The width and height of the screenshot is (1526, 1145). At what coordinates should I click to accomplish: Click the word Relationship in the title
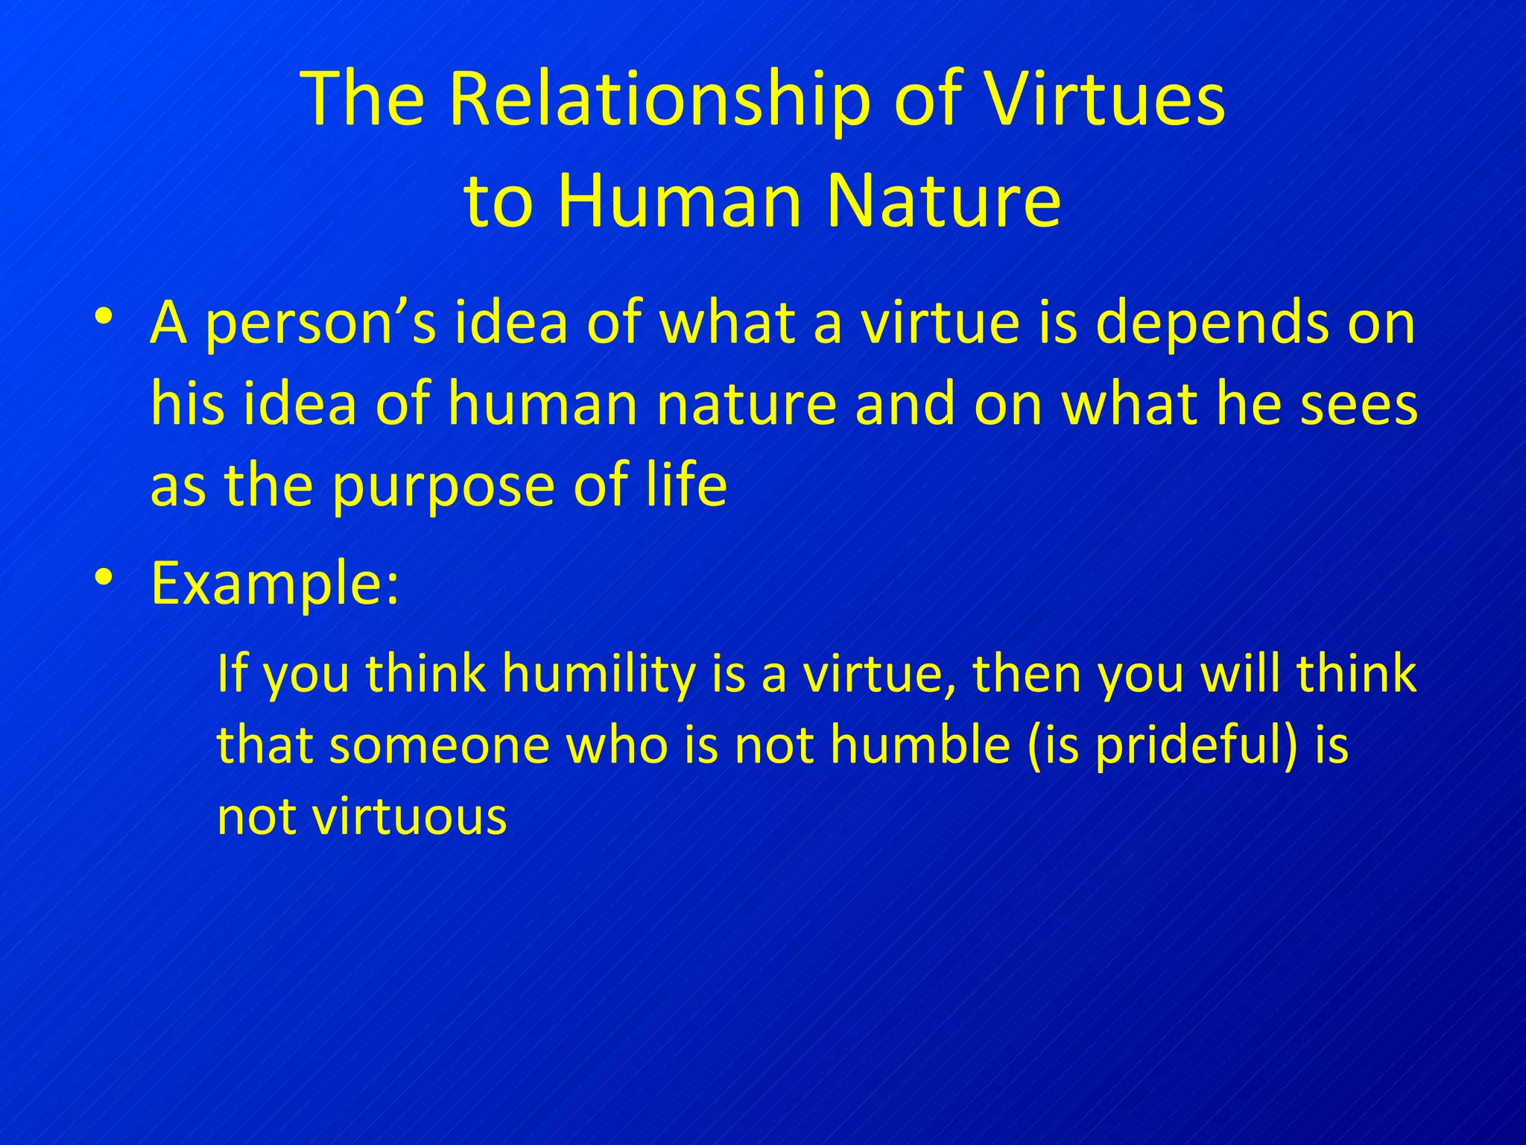coord(659,101)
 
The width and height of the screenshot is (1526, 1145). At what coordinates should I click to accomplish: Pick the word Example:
coord(275,584)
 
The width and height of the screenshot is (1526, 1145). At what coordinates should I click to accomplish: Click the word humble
coord(920,745)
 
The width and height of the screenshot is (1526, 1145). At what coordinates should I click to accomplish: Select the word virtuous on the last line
coord(410,816)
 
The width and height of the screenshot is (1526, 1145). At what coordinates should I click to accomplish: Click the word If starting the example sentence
coord(232,673)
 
